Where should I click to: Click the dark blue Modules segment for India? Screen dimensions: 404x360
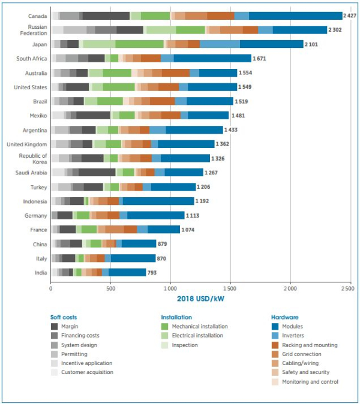tap(127, 272)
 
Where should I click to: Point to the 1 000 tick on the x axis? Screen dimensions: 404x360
tap(170, 288)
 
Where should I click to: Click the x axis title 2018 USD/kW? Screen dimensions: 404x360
tap(201, 299)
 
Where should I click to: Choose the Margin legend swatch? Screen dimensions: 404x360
tap(54, 327)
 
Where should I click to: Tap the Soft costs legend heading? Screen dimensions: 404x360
tap(64, 316)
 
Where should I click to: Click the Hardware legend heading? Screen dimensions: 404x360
tap(286, 316)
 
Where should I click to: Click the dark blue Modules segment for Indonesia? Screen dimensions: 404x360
tap(158, 201)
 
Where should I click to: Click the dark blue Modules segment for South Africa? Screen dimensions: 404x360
tap(212, 58)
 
